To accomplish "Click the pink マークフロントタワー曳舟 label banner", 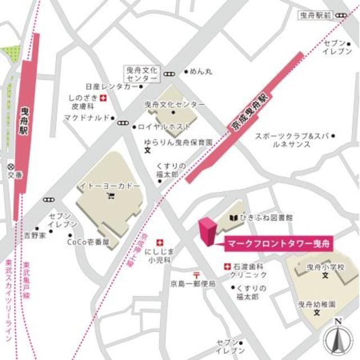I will pos(278,244).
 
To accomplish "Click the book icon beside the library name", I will pos(233,217).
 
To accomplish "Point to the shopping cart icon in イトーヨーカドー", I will pos(110,196).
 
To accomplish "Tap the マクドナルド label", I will pos(86,118).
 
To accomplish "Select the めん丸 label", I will pos(201,72).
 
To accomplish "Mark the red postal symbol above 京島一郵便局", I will pos(196,274).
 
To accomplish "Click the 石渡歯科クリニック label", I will pos(251,271).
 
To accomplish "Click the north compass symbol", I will pos(337,337).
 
